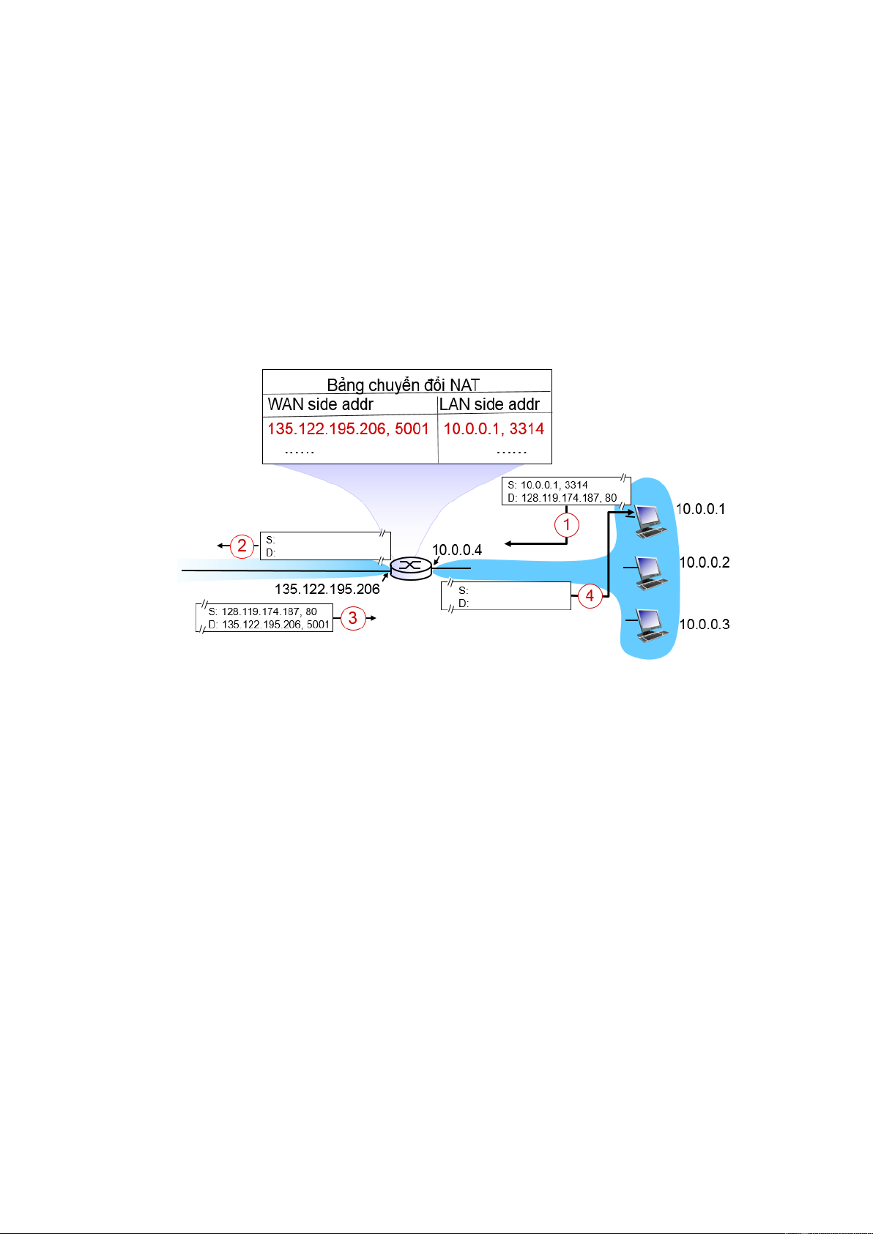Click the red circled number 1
(566, 524)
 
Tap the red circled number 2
(242, 546)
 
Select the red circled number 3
(352, 618)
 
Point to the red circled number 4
(590, 595)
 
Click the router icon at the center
(411, 568)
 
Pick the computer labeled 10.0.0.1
(649, 518)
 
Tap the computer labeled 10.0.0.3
(648, 625)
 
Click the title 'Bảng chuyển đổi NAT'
(403, 384)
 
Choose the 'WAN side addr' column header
(321, 404)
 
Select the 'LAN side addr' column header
(489, 404)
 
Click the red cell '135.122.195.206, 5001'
(348, 428)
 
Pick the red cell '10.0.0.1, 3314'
(494, 428)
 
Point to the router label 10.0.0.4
(457, 550)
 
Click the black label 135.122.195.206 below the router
(327, 589)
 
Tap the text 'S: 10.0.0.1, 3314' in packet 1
(548, 485)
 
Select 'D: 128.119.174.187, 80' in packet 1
(562, 498)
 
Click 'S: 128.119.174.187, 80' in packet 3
(262, 612)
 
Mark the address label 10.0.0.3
(705, 625)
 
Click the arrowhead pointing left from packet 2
(220, 546)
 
